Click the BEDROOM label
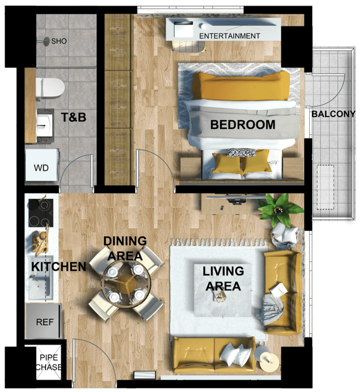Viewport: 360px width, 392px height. (x=243, y=124)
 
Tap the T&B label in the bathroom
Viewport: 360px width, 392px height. (x=74, y=117)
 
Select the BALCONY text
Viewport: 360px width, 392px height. (x=333, y=114)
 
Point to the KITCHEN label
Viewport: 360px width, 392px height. (x=59, y=267)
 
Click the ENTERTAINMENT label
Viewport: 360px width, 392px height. (x=230, y=36)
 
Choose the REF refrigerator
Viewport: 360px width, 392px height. (x=43, y=321)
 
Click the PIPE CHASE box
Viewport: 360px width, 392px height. (x=49, y=362)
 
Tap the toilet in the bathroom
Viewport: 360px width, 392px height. (x=50, y=88)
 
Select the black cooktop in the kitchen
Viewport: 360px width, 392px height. (x=41, y=213)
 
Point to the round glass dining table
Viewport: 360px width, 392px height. (x=126, y=283)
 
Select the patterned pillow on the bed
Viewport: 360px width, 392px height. (x=241, y=152)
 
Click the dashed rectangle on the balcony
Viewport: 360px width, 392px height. (x=326, y=187)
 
